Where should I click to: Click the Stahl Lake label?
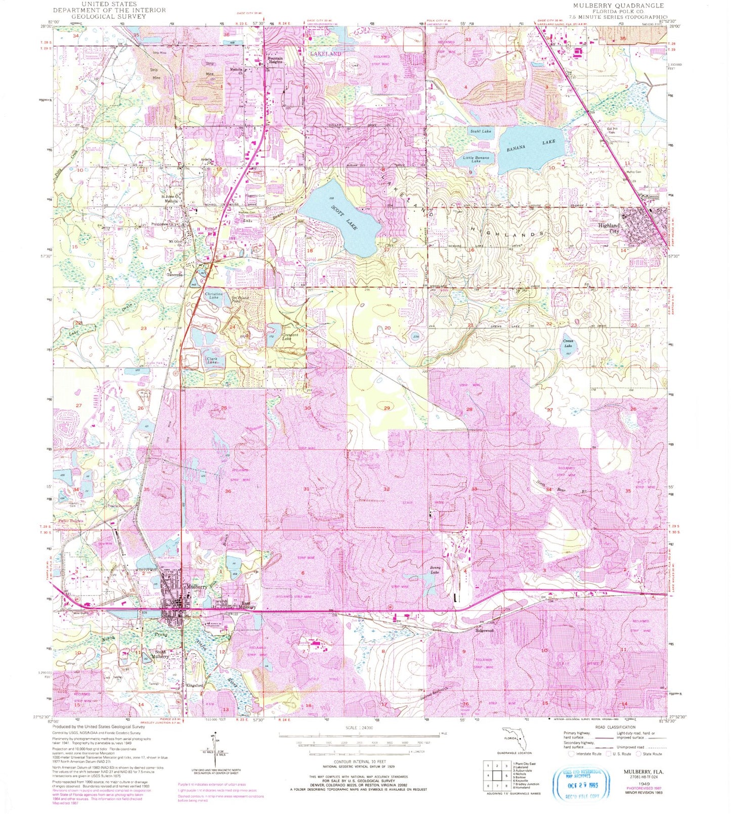pyautogui.click(x=480, y=131)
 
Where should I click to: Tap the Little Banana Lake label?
pyautogui.click(x=476, y=159)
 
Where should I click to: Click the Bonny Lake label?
pyautogui.click(x=435, y=570)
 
